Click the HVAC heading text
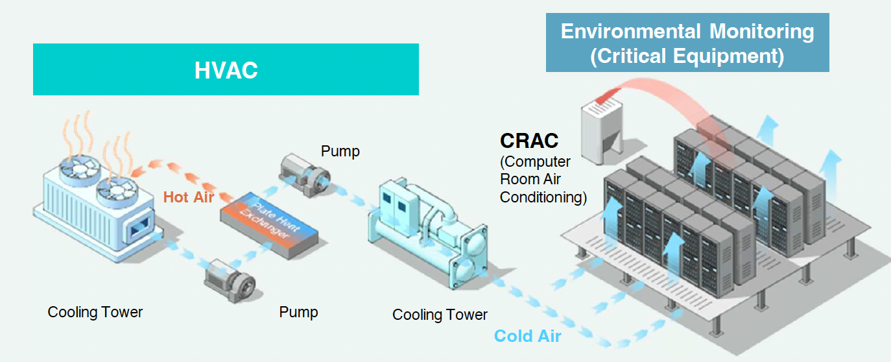pos(226,70)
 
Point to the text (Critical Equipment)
pos(687,56)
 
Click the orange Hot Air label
pos(188,197)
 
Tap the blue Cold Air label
pos(527,336)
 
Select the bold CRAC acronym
pos(529,140)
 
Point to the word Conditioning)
pos(543,197)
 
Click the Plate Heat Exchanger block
pos(270,223)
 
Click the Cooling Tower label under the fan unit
pos(95,312)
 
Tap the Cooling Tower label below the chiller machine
pos(440,315)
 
